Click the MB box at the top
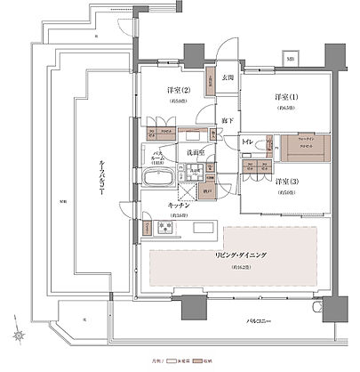pyautogui.click(x=289, y=60)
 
